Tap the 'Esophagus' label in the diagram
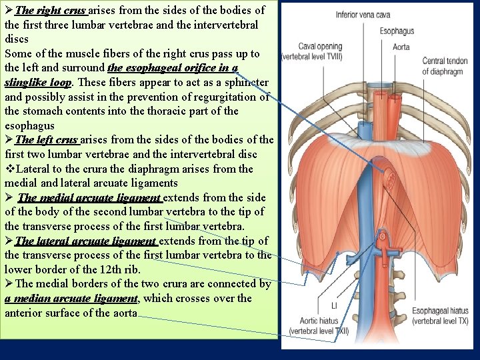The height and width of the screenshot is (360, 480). (397, 31)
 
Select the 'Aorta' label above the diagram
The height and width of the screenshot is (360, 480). (401, 47)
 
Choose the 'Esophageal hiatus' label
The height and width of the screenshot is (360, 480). (441, 311)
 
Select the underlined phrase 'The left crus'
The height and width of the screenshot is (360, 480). (46, 139)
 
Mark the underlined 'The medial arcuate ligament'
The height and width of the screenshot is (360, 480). (90, 197)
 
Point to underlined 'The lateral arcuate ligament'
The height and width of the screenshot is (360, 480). (86, 241)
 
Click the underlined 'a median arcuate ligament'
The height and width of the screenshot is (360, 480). (70, 299)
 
